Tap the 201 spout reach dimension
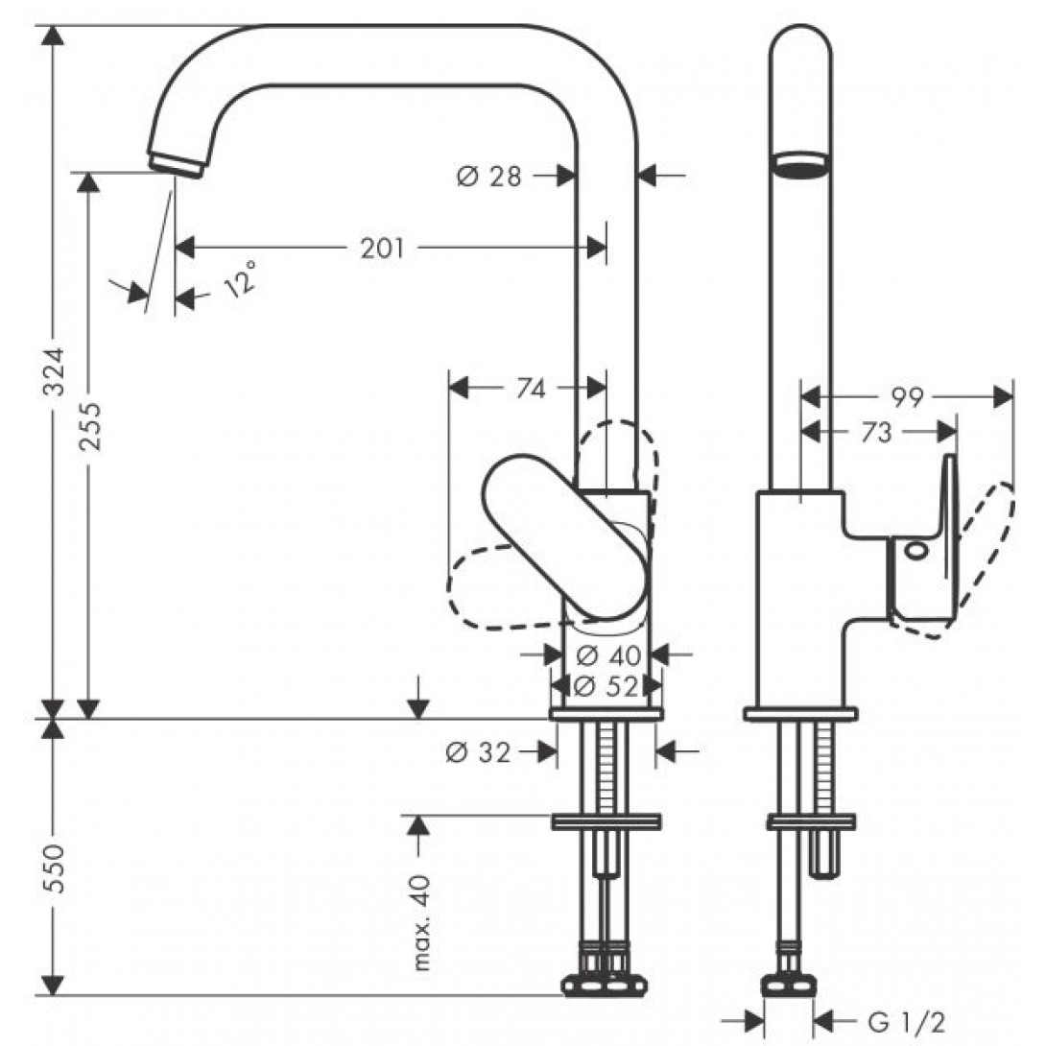click(x=383, y=249)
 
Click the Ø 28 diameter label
click(x=488, y=177)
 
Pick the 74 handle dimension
click(x=531, y=389)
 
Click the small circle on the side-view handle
click(x=914, y=551)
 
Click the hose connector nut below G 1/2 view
click(x=789, y=988)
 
